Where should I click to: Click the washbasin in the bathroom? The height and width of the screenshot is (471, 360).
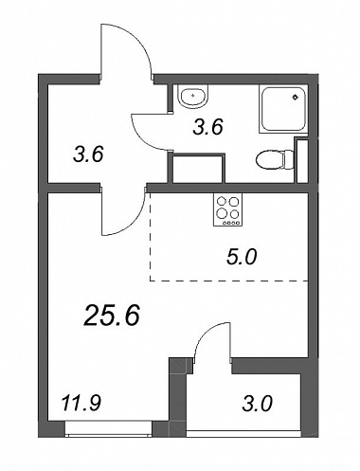(192, 95)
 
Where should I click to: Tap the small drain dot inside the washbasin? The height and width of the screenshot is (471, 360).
(192, 94)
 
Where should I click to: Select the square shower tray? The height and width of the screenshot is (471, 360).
(283, 109)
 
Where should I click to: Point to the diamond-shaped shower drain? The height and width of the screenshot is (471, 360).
(296, 97)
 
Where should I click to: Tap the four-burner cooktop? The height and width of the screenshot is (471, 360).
(227, 209)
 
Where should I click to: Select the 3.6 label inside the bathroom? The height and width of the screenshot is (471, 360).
(208, 127)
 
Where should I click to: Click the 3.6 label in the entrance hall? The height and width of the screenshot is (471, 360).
(88, 155)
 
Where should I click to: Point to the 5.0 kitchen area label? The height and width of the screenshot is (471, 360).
(242, 257)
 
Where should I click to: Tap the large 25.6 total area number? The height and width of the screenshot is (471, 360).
(112, 316)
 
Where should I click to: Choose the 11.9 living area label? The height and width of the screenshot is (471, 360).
(81, 404)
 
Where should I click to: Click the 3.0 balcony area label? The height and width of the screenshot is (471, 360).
(257, 404)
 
